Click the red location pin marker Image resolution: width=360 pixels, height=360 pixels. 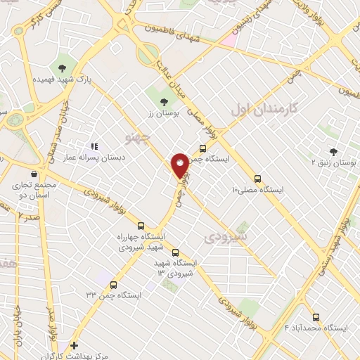click(180, 165)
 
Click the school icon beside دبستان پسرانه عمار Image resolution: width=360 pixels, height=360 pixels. click(94, 147)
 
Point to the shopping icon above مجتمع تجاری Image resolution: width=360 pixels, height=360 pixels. click(33, 174)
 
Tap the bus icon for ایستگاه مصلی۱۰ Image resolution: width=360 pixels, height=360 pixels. click(257, 179)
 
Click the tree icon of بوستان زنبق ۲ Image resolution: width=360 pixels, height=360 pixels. click(333, 151)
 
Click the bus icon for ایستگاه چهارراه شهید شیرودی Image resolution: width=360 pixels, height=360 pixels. click(141, 226)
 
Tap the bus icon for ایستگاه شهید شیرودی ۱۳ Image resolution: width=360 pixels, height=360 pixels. click(175, 252)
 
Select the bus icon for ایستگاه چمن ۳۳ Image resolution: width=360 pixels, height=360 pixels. click(114, 284)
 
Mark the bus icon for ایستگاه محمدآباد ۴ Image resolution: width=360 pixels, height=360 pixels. click(316, 317)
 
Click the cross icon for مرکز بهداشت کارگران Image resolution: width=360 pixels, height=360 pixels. click(75, 345)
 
